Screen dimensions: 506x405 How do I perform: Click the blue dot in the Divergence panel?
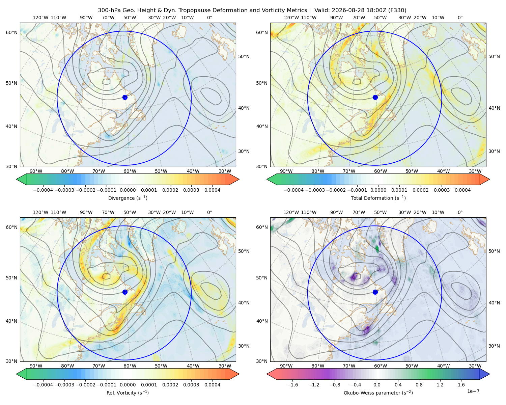125,97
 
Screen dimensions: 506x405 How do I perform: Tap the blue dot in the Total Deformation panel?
375,97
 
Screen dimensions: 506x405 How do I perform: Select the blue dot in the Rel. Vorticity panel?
125,292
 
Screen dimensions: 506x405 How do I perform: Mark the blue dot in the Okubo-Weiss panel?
375,292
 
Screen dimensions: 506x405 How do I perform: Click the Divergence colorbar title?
128,198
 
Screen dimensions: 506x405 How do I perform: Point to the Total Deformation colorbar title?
378,198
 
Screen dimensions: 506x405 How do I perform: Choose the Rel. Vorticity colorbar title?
128,393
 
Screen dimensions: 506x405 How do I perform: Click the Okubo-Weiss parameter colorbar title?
378,393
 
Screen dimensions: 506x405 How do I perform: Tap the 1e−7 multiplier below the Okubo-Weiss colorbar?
473,391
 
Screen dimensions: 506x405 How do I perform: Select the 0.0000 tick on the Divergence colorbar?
128,190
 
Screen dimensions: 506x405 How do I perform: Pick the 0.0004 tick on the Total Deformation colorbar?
462,190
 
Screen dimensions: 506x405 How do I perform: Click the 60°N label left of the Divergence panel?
11,32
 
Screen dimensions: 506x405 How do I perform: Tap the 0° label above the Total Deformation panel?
460,18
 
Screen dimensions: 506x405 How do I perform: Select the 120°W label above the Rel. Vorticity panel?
40,212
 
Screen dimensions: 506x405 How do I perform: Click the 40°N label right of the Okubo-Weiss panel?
495,303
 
